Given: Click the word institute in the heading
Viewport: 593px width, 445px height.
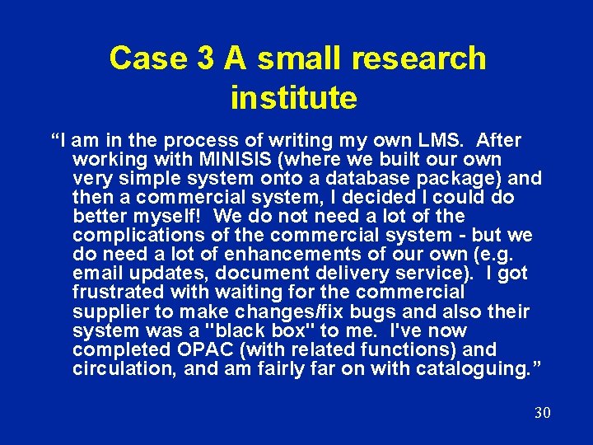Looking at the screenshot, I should click(293, 98).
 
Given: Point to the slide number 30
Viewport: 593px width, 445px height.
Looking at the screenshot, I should click(542, 413).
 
